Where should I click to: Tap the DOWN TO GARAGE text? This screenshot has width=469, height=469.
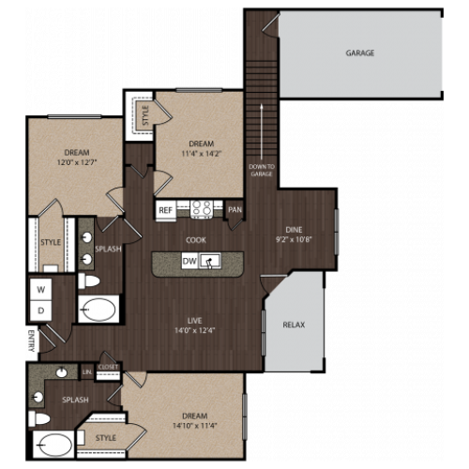pyautogui.click(x=261, y=169)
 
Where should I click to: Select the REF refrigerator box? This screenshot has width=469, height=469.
pyautogui.click(x=166, y=210)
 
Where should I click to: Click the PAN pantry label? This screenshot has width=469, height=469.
pyautogui.click(x=234, y=210)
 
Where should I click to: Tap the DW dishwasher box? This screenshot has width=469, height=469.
pyautogui.click(x=189, y=261)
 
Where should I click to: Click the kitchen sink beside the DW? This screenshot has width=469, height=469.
pyautogui.click(x=213, y=261)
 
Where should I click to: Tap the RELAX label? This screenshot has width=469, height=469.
pyautogui.click(x=294, y=325)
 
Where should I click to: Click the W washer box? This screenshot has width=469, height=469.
pyautogui.click(x=41, y=290)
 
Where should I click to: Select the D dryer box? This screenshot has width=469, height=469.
pyautogui.click(x=41, y=310)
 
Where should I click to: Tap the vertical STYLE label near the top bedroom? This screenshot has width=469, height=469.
pyautogui.click(x=145, y=115)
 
